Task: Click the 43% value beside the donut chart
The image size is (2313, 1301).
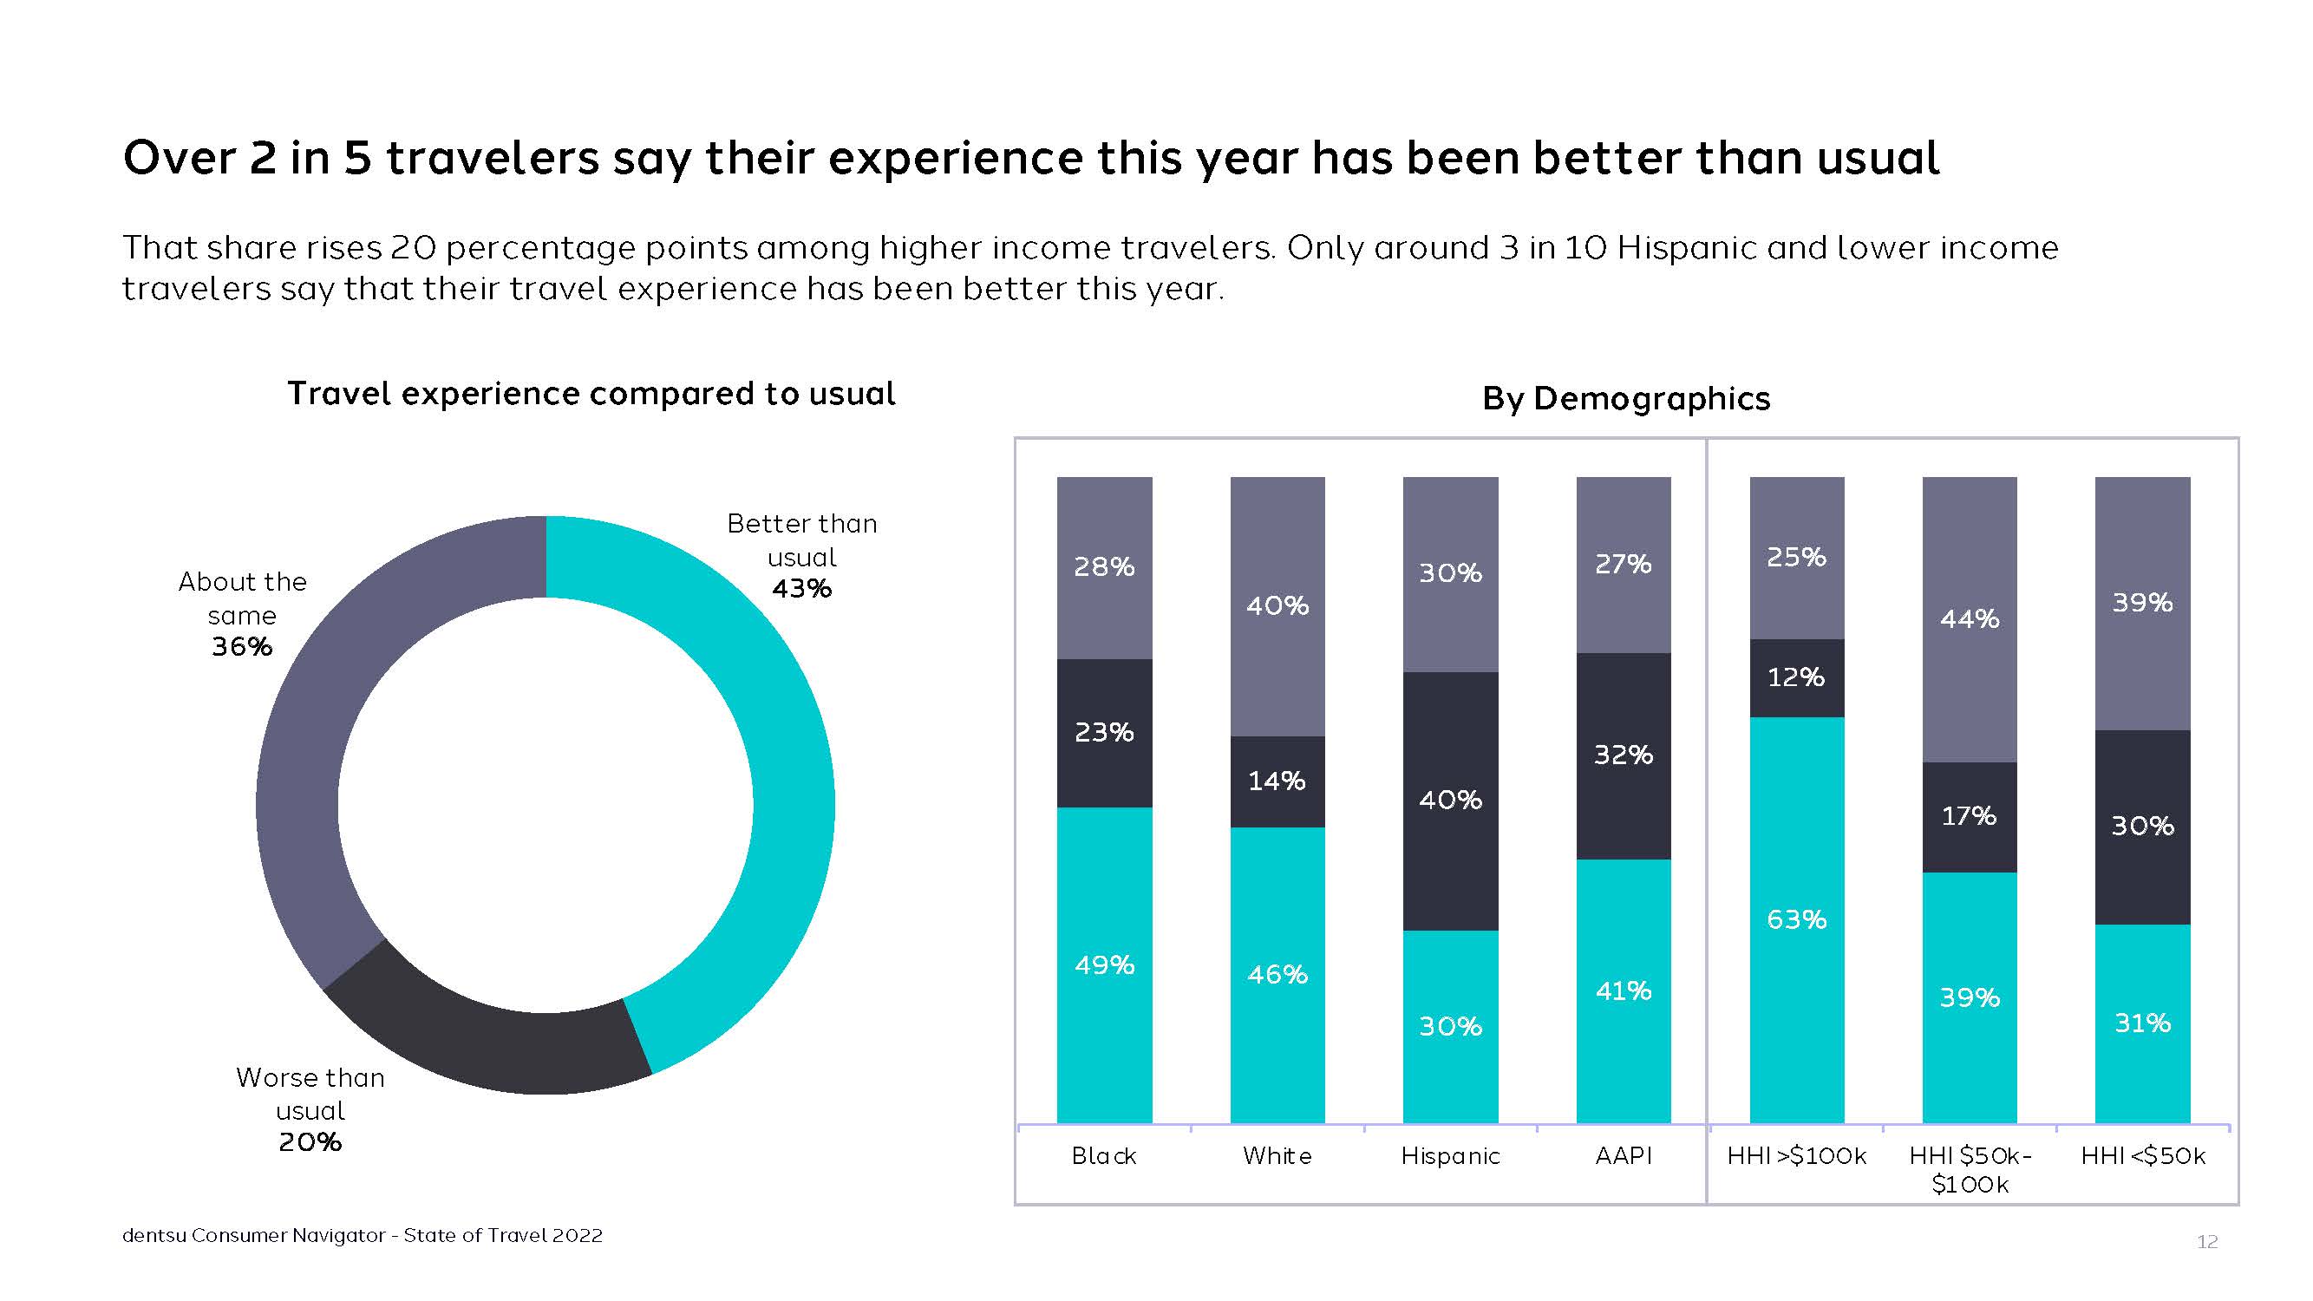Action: click(801, 589)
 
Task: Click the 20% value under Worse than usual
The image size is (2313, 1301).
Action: click(310, 1142)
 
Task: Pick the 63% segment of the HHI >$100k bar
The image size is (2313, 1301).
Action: click(1797, 919)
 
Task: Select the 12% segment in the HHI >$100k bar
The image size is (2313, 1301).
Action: click(1797, 677)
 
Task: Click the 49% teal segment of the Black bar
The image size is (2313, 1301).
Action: click(1104, 965)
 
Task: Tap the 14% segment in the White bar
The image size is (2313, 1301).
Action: click(1277, 781)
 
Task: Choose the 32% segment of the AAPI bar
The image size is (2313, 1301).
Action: click(1624, 755)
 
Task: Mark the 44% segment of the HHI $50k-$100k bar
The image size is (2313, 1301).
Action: click(1969, 618)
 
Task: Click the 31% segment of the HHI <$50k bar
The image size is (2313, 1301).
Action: click(2142, 1023)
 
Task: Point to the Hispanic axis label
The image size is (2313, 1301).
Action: click(1450, 1156)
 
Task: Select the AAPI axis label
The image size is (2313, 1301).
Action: click(1624, 1156)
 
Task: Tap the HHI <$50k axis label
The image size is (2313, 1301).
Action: click(2142, 1156)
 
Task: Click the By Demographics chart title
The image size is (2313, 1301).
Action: click(1626, 399)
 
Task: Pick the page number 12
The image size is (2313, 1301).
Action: click(2207, 1242)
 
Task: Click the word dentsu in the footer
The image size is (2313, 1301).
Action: click(154, 1235)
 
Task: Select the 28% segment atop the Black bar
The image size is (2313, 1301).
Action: click(1104, 566)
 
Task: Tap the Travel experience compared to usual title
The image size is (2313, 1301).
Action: click(591, 394)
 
